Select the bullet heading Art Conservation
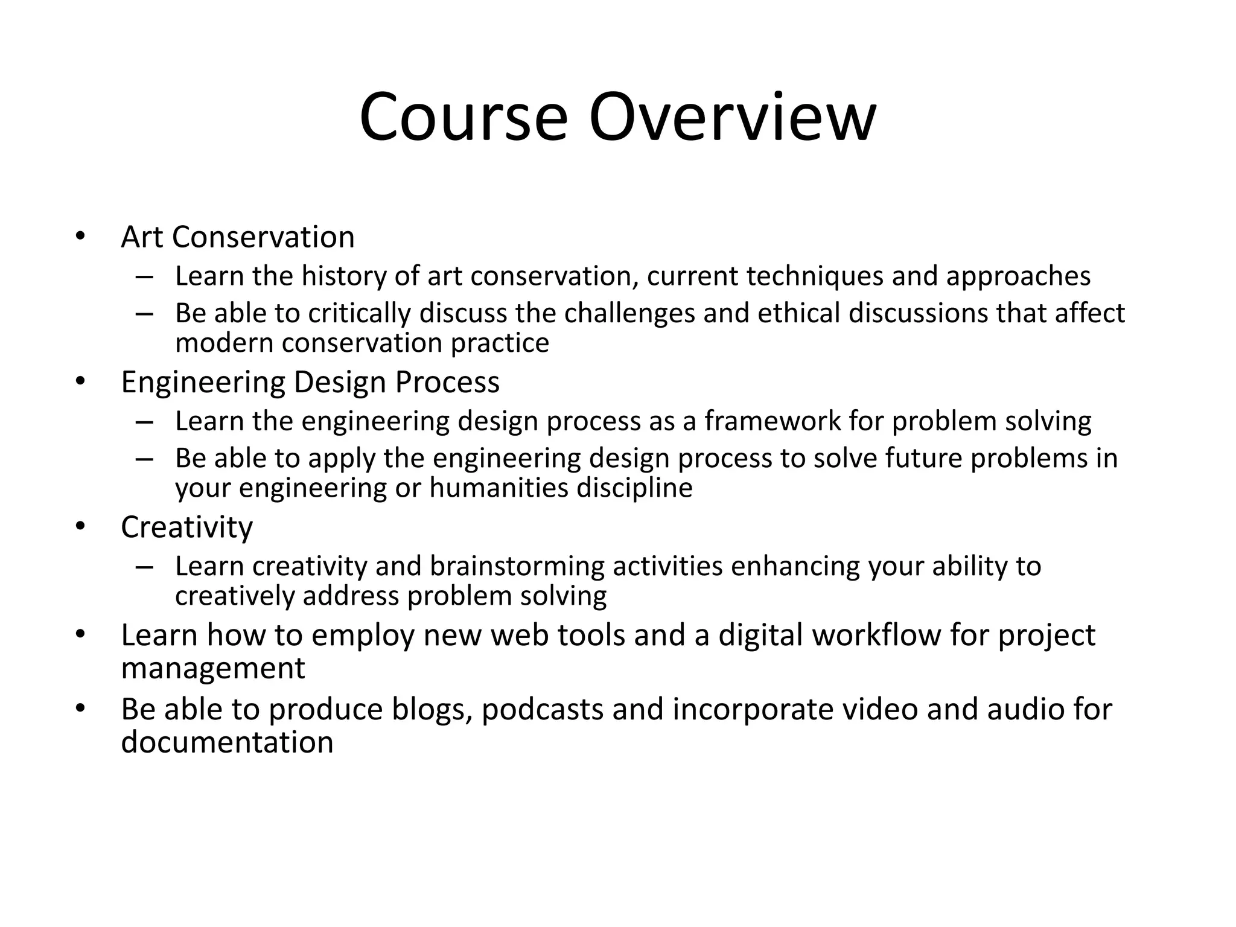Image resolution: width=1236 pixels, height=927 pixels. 238,237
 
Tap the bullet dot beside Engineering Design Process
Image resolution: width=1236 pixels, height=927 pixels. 80,381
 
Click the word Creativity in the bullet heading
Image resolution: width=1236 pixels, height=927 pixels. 186,527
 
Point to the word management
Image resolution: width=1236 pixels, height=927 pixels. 213,668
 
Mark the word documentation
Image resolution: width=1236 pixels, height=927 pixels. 227,742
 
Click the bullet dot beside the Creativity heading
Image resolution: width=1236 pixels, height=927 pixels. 80,526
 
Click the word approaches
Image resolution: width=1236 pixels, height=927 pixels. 1018,276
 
